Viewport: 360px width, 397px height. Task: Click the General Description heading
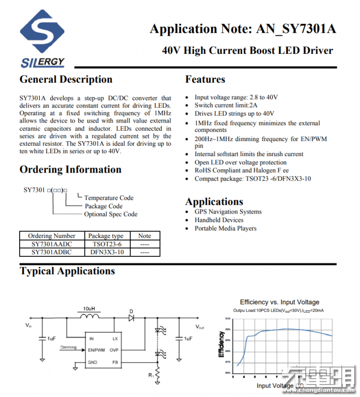pyautogui.click(x=66, y=80)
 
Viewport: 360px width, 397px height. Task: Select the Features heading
pyautogui.click(x=205, y=80)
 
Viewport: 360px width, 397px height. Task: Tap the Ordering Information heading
pyautogui.click(x=70, y=170)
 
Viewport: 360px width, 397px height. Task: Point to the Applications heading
pyautogui.click(x=214, y=202)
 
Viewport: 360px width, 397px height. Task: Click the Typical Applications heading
pyautogui.click(x=67, y=271)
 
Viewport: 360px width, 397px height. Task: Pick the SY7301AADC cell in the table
pyautogui.click(x=52, y=244)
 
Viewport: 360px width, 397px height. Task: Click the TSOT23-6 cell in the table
pyautogui.click(x=107, y=244)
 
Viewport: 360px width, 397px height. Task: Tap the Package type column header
pyautogui.click(x=106, y=236)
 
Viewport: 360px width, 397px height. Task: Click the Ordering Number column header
pyautogui.click(x=52, y=236)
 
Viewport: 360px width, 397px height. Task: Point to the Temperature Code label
pyautogui.click(x=108, y=198)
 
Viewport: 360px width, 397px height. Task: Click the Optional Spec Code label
pyautogui.click(x=111, y=214)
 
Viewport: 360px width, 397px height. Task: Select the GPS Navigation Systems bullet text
pyautogui.click(x=228, y=212)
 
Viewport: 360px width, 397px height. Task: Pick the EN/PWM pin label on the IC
pyautogui.click(x=97, y=350)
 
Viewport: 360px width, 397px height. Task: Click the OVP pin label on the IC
pyautogui.click(x=115, y=350)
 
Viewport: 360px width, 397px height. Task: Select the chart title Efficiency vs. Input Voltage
pyautogui.click(x=279, y=302)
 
